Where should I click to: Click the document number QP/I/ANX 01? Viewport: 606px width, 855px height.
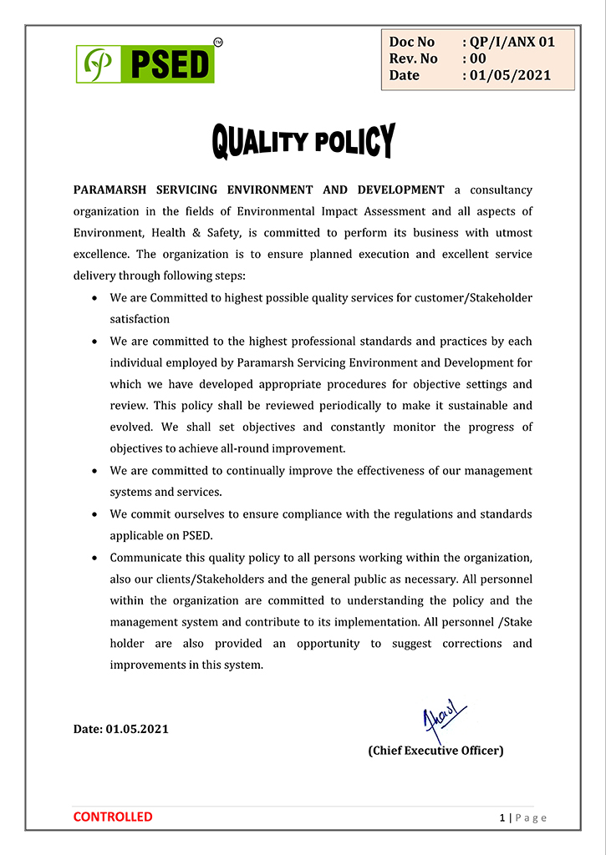click(x=512, y=42)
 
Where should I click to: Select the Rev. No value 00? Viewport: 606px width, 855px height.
click(x=477, y=58)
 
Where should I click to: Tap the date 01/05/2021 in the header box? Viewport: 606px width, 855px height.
click(x=509, y=75)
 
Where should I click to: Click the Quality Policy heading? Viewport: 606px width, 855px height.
click(x=303, y=141)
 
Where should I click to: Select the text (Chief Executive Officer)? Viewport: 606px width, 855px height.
click(x=435, y=751)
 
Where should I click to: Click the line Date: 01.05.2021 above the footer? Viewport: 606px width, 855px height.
click(x=121, y=729)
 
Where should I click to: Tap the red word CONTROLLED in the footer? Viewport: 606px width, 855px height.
click(x=113, y=817)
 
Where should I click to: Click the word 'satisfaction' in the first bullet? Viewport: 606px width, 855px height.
click(x=140, y=319)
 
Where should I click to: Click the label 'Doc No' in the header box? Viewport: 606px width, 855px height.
click(x=412, y=42)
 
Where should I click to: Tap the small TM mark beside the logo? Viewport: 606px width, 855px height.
click(x=218, y=41)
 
